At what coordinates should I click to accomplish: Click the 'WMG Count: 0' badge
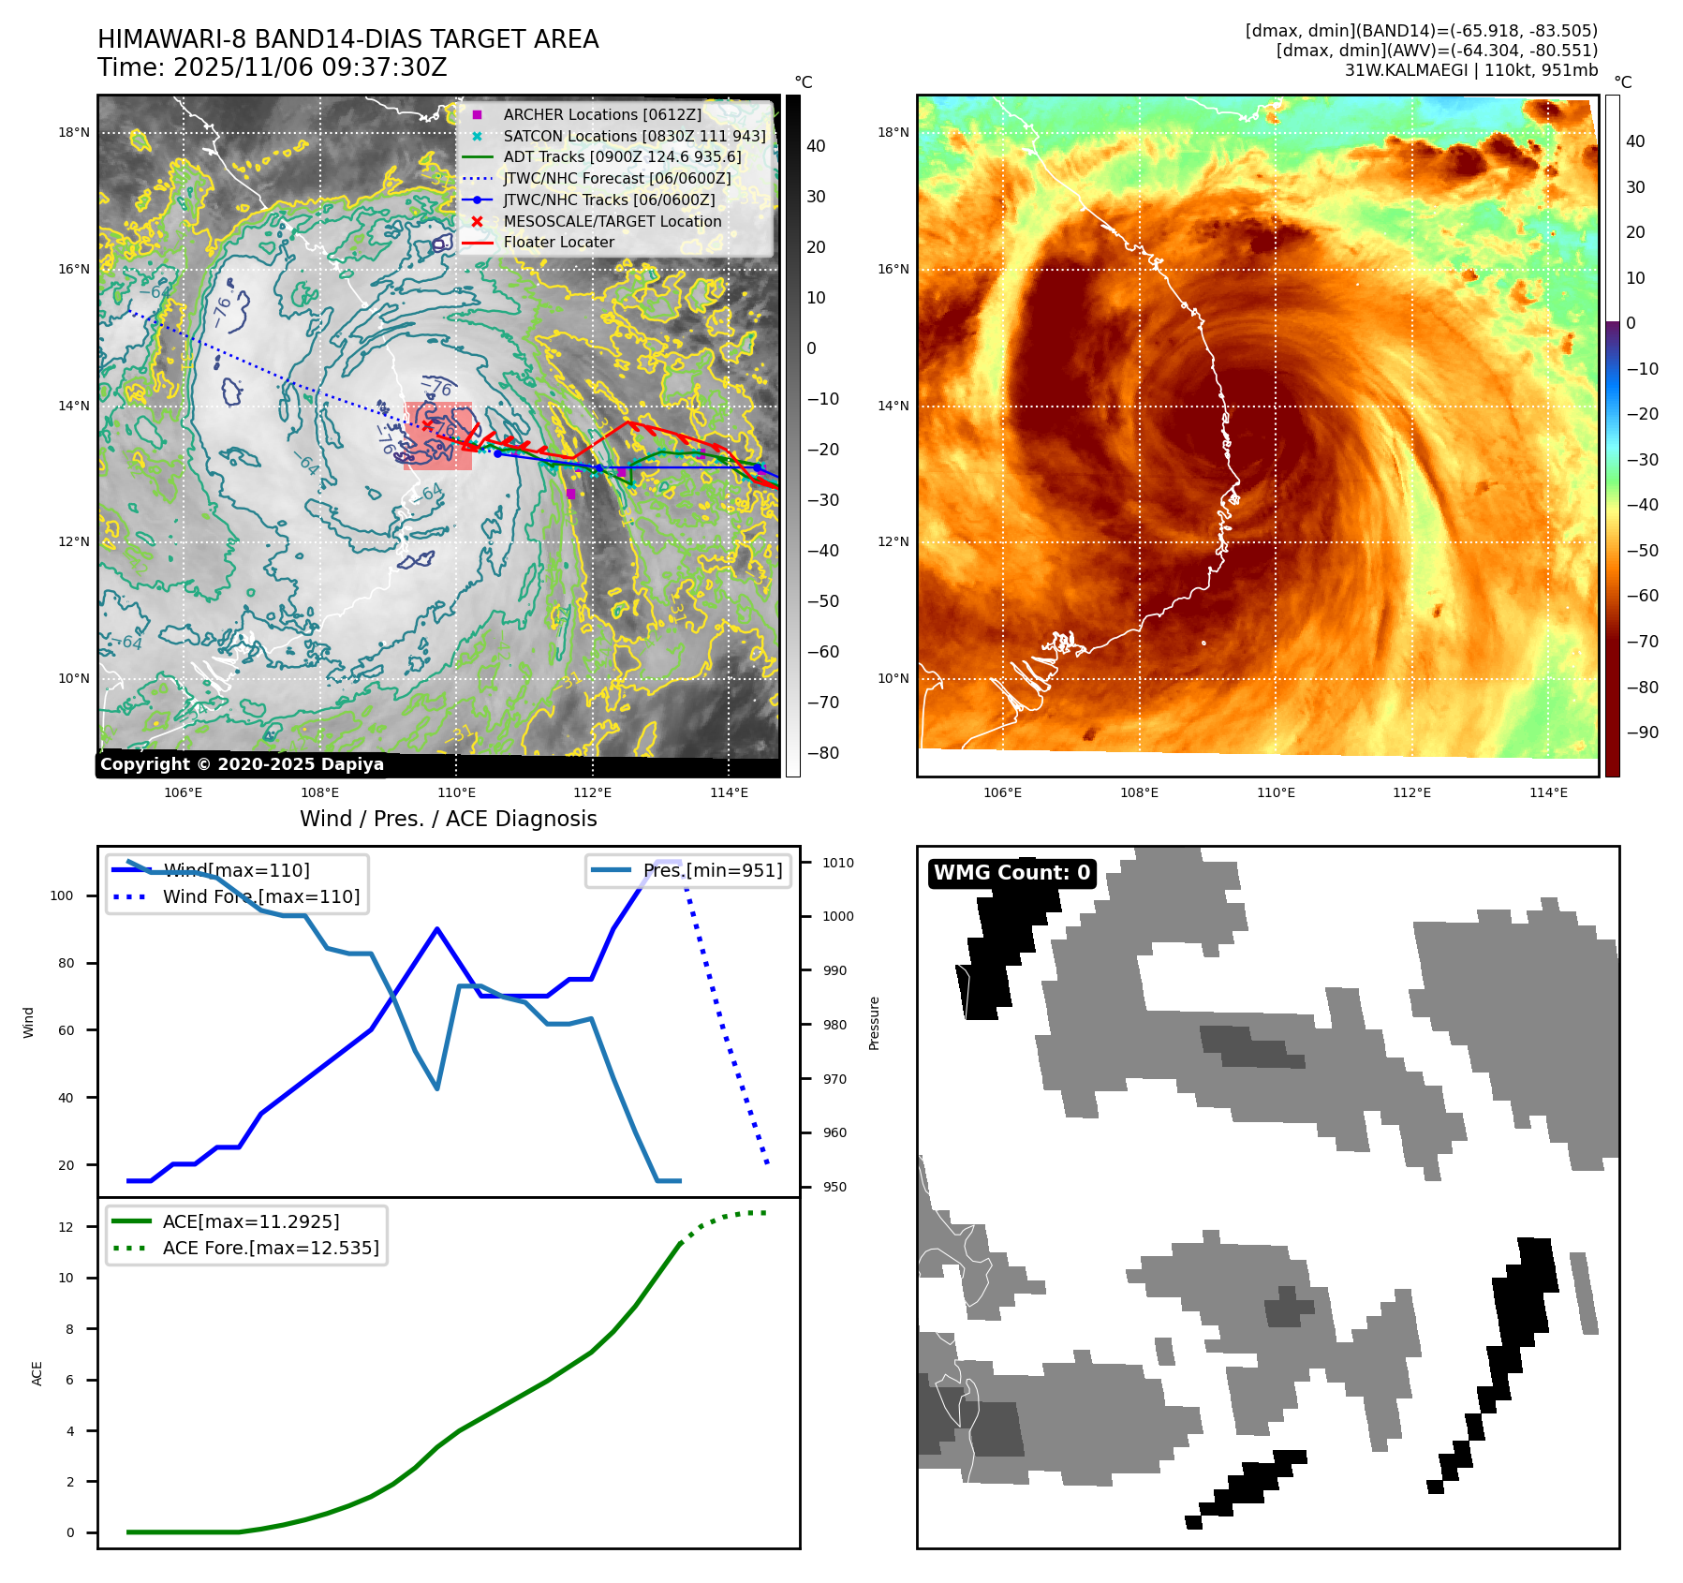(1011, 873)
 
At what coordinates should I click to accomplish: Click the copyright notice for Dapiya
(242, 764)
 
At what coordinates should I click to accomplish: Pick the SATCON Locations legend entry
(633, 136)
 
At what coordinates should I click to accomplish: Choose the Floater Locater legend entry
(558, 242)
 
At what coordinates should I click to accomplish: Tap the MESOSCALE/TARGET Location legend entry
(612, 221)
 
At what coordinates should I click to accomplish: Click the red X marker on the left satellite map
(427, 425)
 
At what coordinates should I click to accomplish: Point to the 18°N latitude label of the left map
(74, 132)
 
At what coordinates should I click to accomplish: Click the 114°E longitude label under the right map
(1548, 792)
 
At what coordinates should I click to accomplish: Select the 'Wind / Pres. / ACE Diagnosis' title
(448, 819)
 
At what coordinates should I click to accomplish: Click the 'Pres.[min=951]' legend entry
(712, 870)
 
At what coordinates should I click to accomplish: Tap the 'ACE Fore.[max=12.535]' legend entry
(270, 1248)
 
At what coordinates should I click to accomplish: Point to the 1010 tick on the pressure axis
(838, 863)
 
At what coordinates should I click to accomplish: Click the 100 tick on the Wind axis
(62, 895)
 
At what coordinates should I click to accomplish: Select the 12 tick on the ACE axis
(66, 1227)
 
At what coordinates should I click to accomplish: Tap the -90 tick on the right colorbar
(1642, 732)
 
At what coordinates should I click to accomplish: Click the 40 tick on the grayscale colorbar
(816, 146)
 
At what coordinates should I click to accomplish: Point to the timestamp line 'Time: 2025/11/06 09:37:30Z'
(272, 67)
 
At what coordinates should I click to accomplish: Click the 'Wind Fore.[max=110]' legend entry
(260, 896)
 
